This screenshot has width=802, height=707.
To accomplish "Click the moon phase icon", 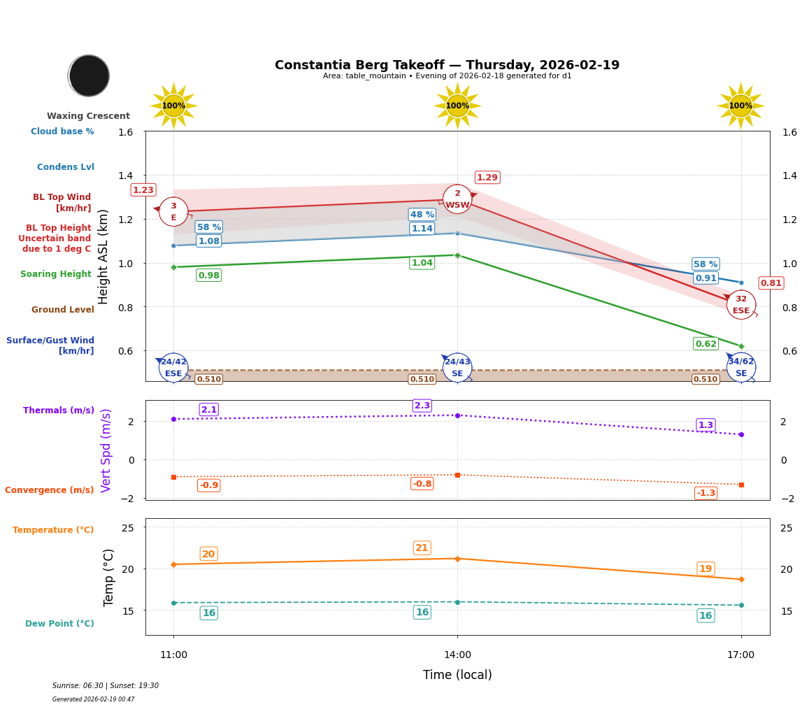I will click(89, 76).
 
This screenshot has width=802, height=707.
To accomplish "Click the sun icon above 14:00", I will click(457, 106).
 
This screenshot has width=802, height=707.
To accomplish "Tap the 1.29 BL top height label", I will click(487, 178).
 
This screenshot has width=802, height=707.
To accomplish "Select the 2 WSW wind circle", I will click(457, 199).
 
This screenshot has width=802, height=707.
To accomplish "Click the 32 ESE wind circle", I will click(740, 305).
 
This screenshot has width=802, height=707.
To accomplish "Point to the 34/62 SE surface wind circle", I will click(740, 367).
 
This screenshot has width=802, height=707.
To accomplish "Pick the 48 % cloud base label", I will click(422, 215).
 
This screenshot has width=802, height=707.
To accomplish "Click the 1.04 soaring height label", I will click(422, 263).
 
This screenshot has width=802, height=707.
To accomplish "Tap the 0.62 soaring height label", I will click(706, 343).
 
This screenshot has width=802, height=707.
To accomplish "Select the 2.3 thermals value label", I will click(422, 406).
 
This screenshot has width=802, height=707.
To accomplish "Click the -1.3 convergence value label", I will click(706, 493).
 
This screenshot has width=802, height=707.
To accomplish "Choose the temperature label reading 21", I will click(422, 548).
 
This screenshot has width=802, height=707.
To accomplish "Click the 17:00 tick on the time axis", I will click(740, 655).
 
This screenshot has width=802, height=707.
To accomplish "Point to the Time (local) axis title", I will click(457, 675).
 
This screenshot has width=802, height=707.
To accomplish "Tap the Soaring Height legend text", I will click(56, 274).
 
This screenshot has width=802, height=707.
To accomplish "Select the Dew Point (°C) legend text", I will click(59, 624).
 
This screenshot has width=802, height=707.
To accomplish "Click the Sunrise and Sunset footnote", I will click(106, 686).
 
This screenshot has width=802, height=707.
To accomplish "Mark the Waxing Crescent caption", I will click(88, 116).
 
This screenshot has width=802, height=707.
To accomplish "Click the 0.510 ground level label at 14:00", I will click(422, 379).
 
